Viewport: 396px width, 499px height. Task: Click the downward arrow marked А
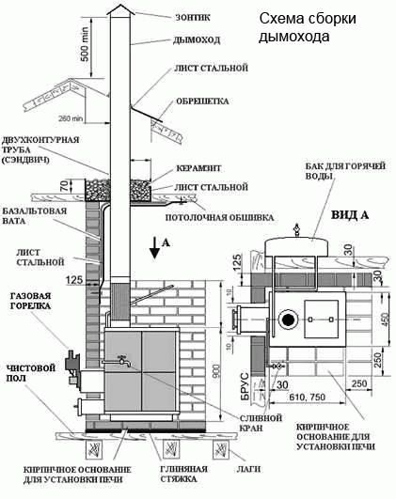click(153, 249)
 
